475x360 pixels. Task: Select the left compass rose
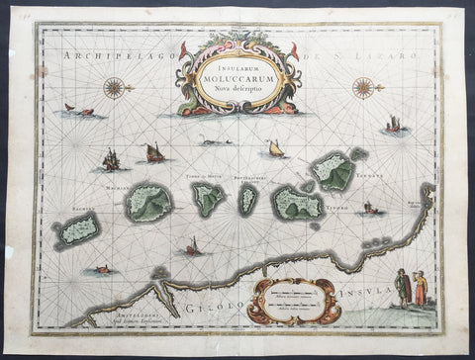pos(116,87)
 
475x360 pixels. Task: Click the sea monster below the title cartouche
pos(216,142)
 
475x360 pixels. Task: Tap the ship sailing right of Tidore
pos(370,209)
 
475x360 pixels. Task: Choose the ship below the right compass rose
pos(393,126)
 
